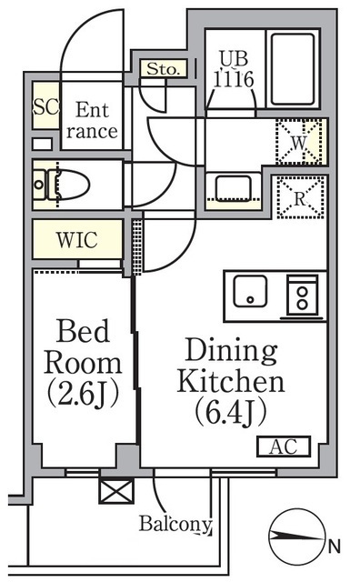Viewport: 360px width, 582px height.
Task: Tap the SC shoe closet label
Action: (46, 106)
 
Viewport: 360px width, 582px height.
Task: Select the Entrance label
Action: (92, 120)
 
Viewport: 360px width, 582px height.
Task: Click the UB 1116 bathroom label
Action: (234, 69)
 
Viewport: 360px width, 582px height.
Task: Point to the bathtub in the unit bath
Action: (293, 69)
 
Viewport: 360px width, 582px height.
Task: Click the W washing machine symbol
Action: (299, 142)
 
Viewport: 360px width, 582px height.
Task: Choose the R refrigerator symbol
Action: (300, 197)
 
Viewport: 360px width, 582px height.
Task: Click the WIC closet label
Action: (77, 240)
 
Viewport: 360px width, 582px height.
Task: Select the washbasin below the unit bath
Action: (234, 188)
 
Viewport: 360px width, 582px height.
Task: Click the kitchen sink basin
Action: (250, 291)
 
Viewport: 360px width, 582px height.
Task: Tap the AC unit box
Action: (284, 447)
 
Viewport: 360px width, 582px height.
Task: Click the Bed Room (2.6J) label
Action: (83, 363)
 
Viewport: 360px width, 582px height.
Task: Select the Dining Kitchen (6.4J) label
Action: (231, 381)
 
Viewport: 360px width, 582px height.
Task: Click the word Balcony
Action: (175, 524)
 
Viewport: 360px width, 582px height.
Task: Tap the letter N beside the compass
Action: (334, 547)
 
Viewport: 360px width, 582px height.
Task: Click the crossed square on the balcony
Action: (116, 491)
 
